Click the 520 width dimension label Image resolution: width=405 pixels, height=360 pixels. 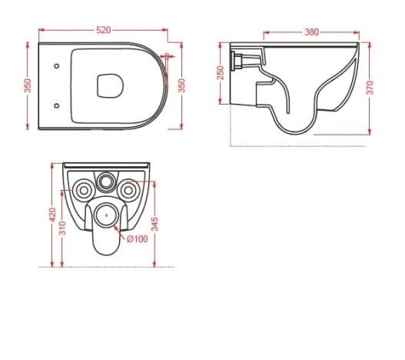click(104, 30)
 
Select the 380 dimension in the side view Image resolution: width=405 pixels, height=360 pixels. click(312, 32)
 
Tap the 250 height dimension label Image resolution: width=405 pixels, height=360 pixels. click(221, 73)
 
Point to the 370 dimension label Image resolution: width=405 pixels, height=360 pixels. click(370, 88)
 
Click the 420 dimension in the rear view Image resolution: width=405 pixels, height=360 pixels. click(52, 215)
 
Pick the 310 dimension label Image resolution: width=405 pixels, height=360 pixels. click(62, 228)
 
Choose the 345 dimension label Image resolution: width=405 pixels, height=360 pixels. click(154, 224)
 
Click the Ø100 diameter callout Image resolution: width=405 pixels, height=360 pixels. click(137, 239)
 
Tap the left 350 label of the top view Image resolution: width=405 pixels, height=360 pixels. click(28, 85)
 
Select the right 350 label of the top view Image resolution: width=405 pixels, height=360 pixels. click(182, 85)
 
